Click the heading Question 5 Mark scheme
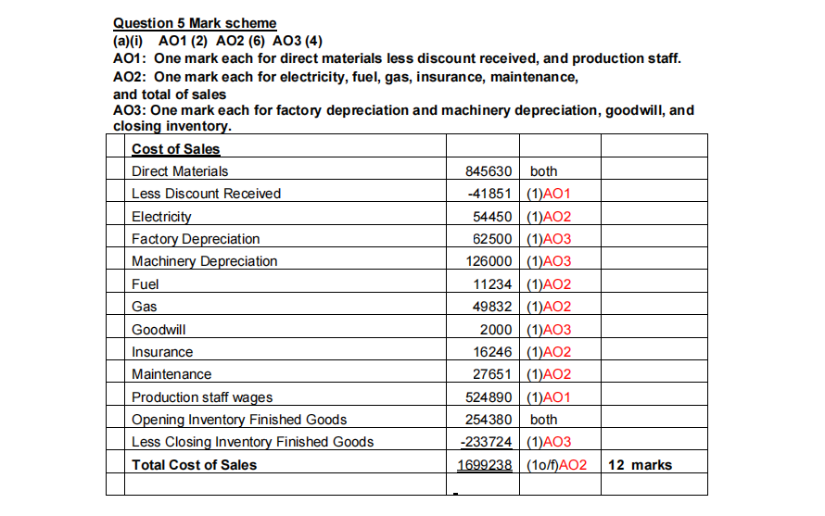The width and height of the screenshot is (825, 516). click(194, 23)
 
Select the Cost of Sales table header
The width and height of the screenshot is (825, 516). click(176, 148)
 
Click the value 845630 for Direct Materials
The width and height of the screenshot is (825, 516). click(486, 171)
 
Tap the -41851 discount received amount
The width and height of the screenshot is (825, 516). click(489, 194)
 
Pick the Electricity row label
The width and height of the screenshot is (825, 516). click(161, 217)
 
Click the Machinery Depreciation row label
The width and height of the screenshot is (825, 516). click(204, 261)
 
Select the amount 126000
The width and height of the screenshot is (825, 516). click(489, 261)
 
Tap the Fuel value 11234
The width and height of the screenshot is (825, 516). click(492, 284)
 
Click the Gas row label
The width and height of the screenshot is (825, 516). click(144, 307)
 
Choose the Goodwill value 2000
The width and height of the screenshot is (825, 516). click(496, 330)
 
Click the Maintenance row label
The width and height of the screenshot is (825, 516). click(171, 374)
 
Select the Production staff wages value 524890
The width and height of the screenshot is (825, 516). click(489, 397)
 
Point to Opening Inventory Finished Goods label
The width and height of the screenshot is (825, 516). click(239, 420)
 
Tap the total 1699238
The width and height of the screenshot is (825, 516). click(485, 464)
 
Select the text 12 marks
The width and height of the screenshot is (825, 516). click(641, 464)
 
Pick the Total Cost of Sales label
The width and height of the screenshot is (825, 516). click(195, 464)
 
